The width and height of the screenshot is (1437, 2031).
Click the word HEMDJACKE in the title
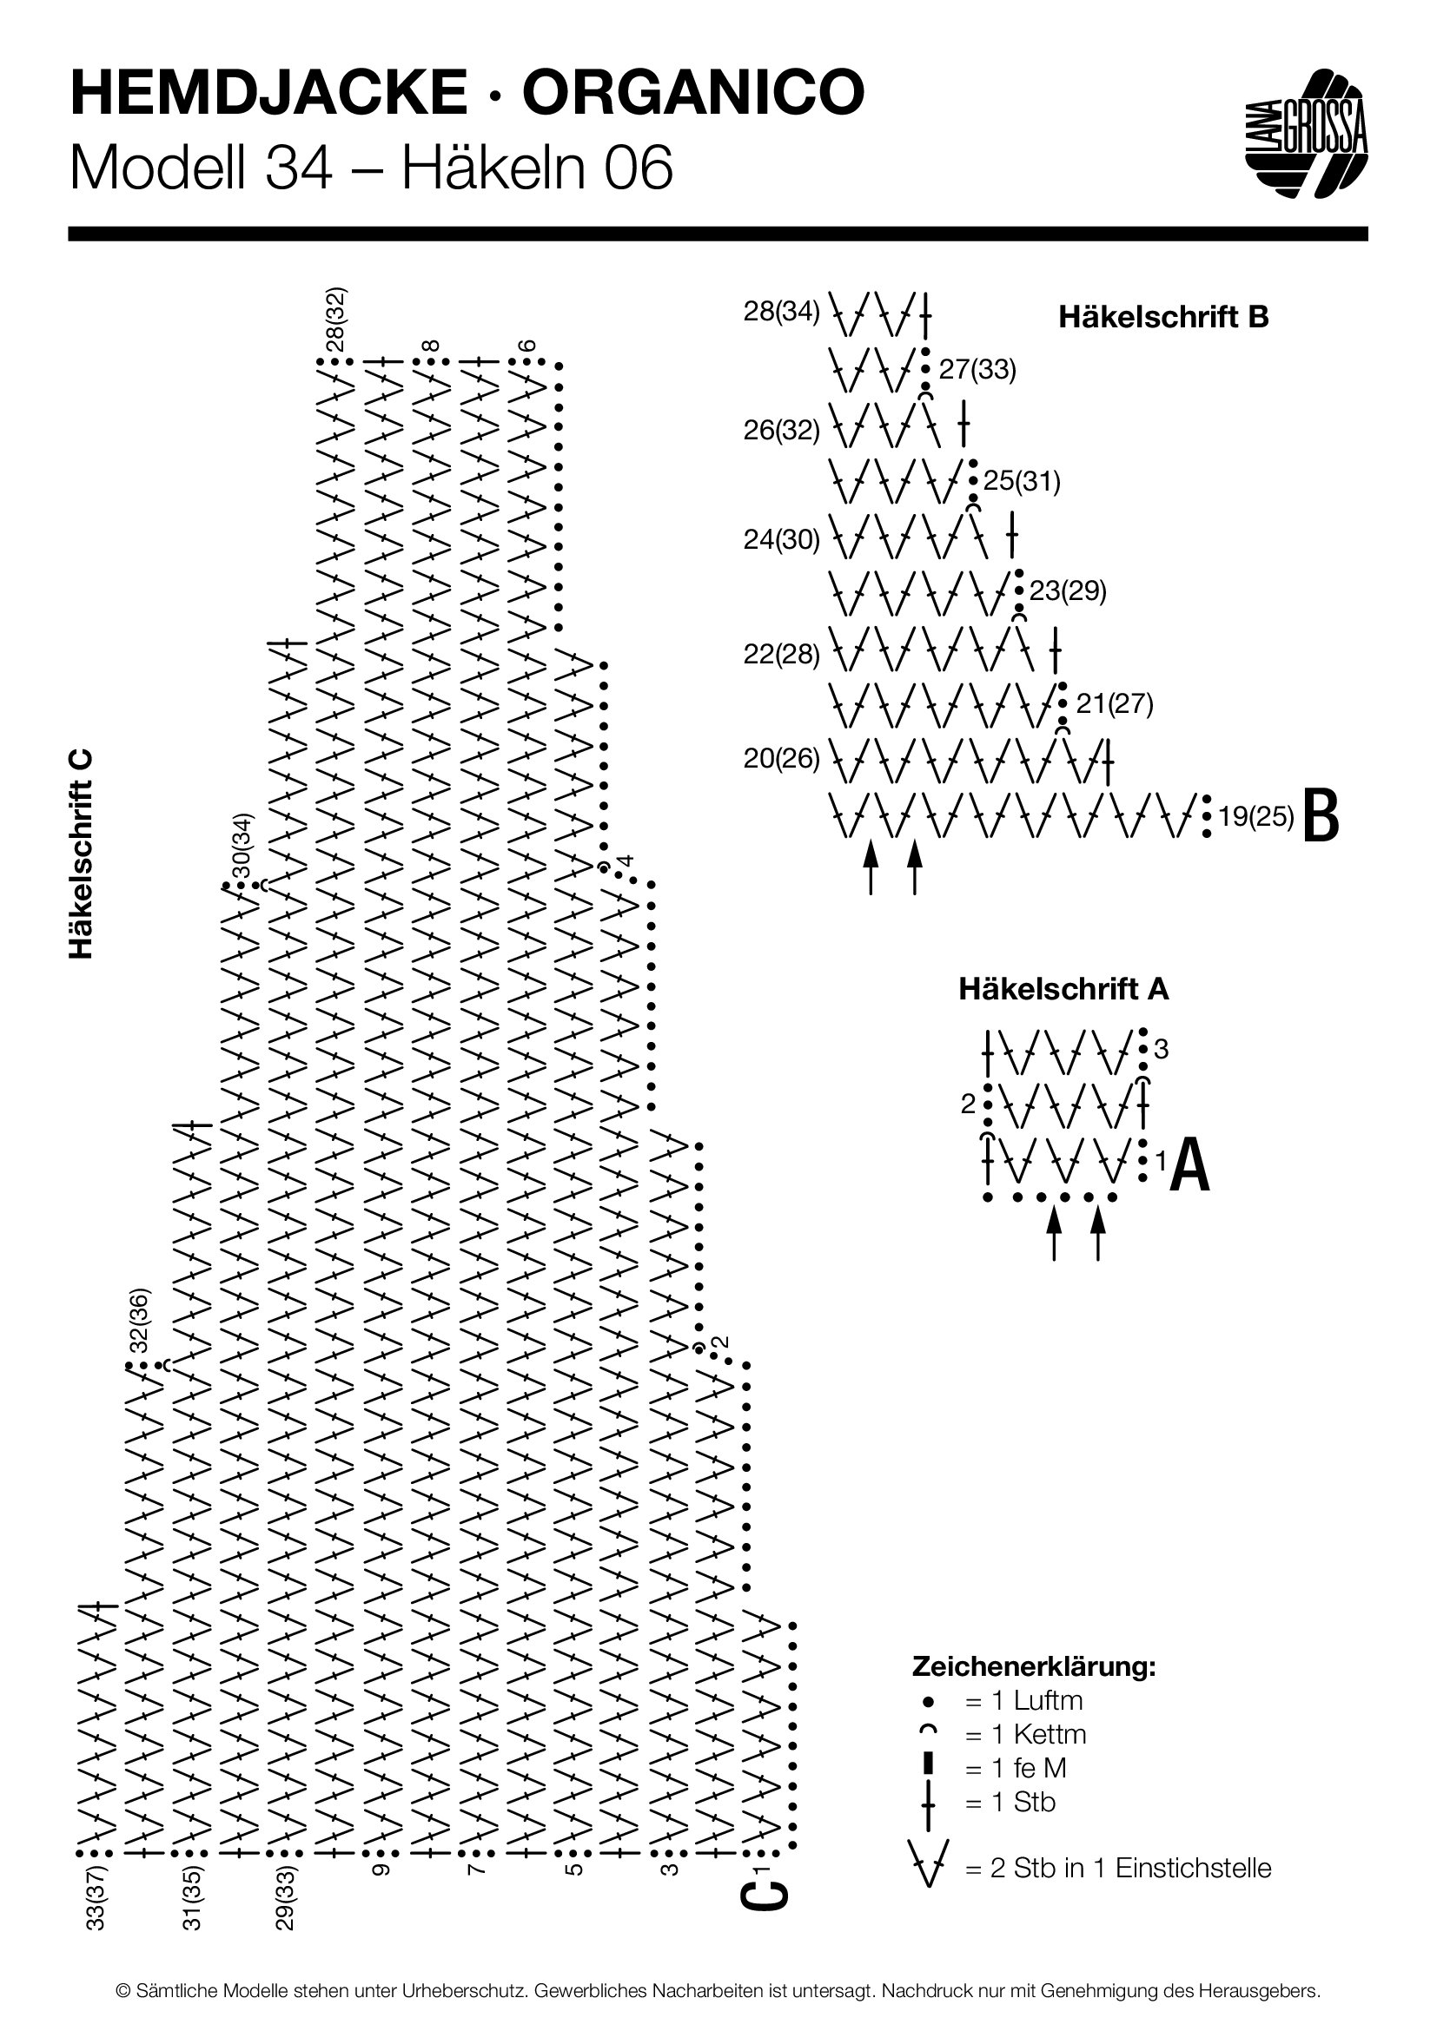[269, 94]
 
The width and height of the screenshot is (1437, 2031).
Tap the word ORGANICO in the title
[693, 94]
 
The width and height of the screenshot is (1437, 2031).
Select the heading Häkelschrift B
[1163, 317]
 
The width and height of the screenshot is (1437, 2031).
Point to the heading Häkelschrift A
[1063, 989]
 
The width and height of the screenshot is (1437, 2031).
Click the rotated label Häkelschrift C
[81, 854]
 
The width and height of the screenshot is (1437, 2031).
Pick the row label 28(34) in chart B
[781, 312]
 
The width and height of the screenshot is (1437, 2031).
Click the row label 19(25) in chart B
[1256, 815]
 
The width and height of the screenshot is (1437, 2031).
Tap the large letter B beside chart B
[1322, 815]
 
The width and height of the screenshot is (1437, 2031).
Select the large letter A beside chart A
[1190, 1166]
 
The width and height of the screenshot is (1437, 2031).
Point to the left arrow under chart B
[871, 867]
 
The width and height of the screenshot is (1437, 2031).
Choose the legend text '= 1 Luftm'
[1023, 1700]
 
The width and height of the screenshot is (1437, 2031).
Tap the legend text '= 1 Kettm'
[1025, 1734]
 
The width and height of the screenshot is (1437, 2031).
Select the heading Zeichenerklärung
[1034, 1667]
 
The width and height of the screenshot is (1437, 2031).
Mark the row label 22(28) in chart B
[781, 655]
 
